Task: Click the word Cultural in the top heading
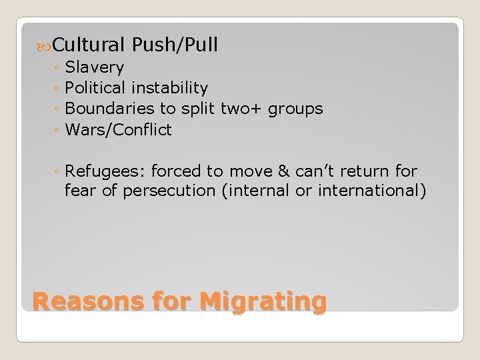click(90, 45)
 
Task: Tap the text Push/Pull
click(175, 45)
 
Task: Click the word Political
click(96, 88)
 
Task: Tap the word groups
click(297, 109)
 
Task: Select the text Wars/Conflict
click(119, 129)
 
